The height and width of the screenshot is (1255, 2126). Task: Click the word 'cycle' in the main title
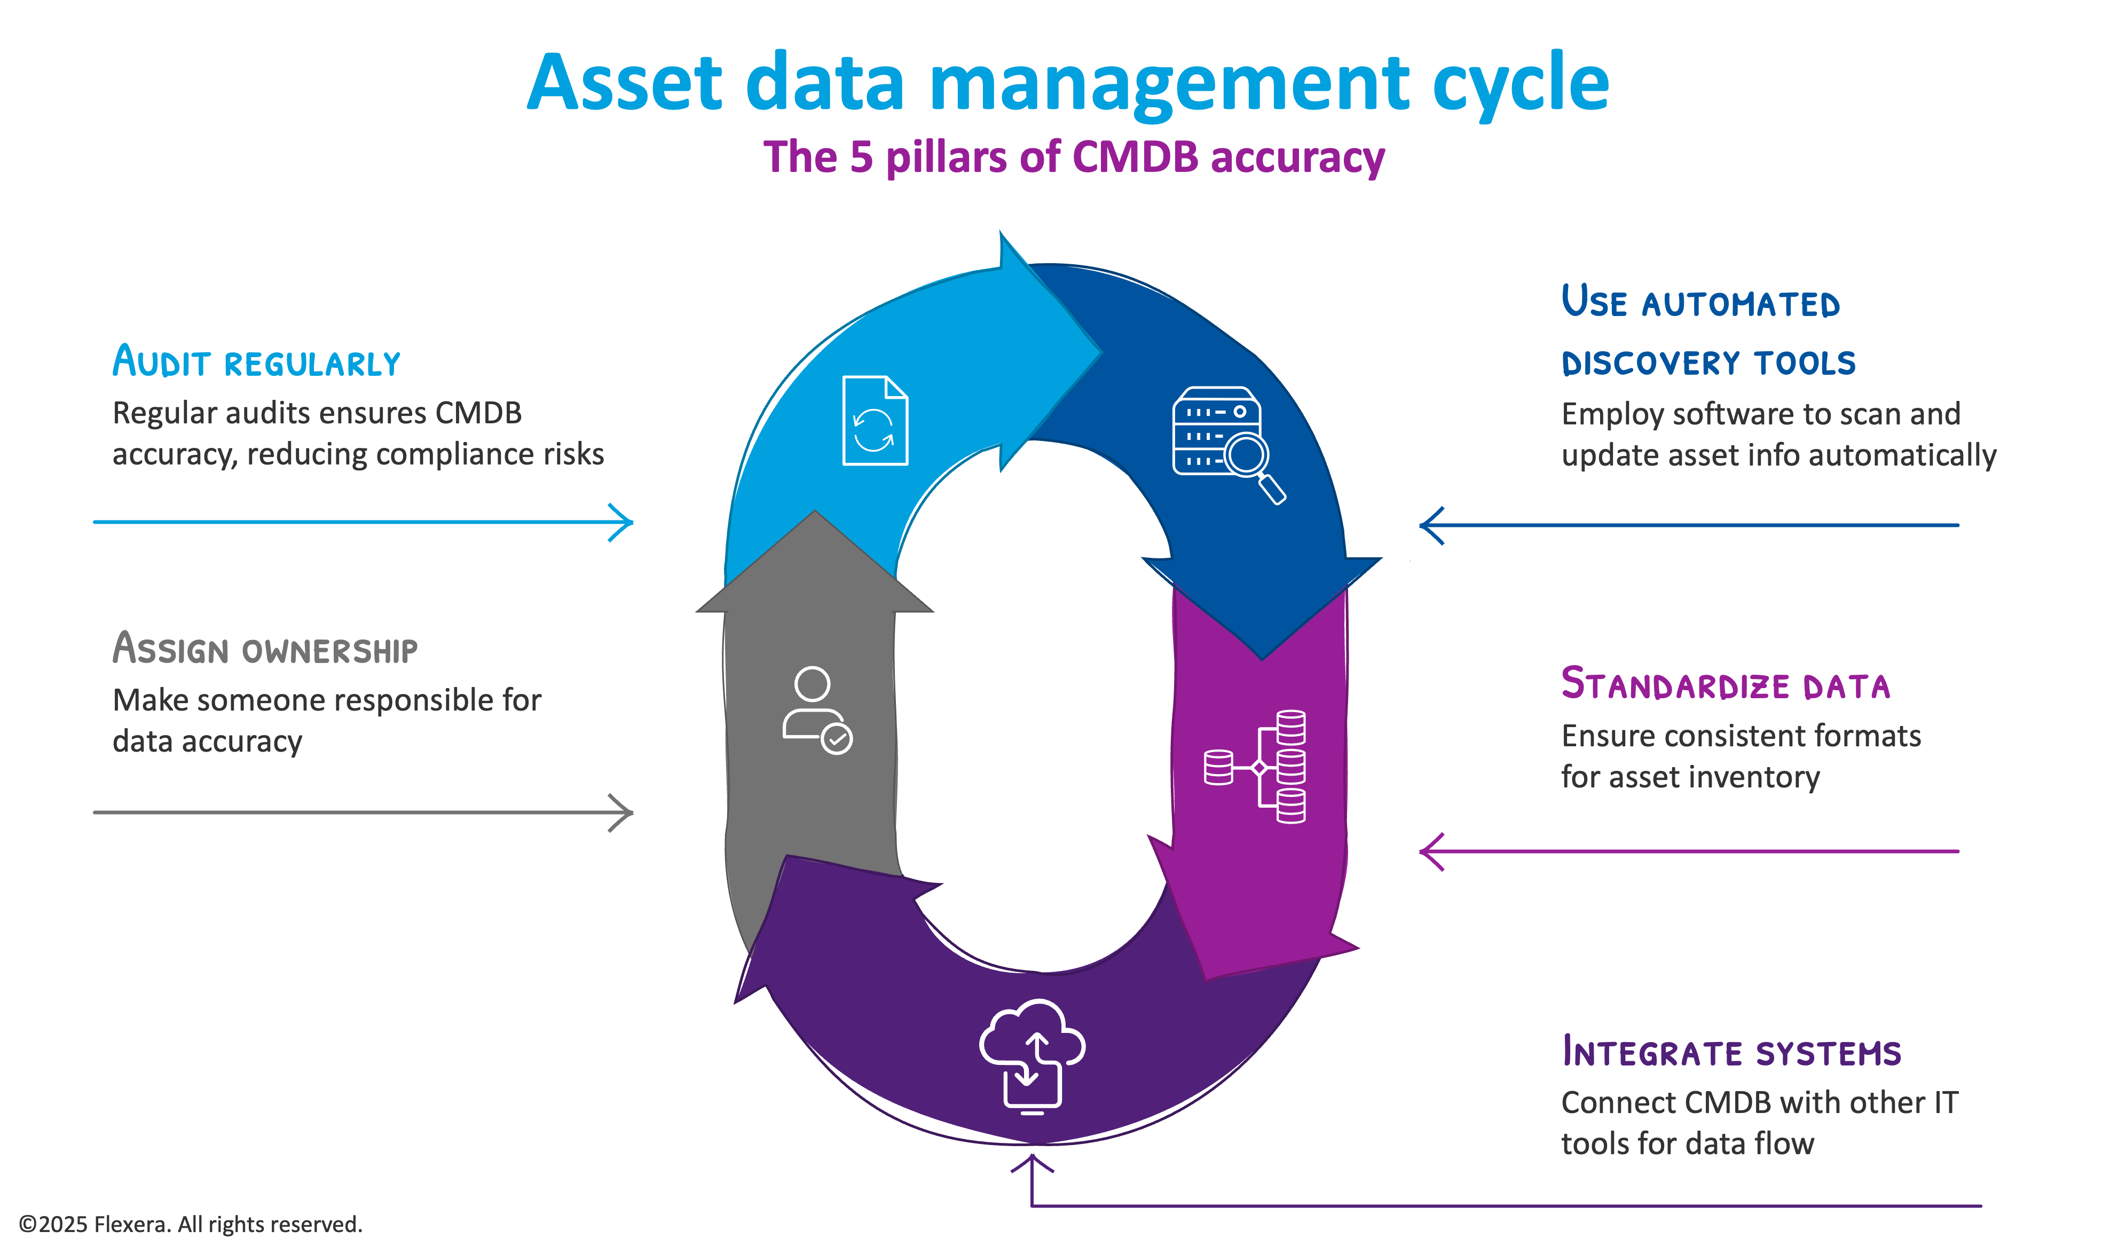click(1519, 84)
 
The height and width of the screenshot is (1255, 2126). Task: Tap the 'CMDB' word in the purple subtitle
click(1135, 157)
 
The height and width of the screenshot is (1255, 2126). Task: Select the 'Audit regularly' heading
click(256, 362)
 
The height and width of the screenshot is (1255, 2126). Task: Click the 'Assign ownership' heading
click(265, 650)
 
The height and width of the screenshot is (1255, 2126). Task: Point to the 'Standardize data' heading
click(1725, 684)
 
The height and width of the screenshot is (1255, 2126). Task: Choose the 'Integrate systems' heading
click(1731, 1052)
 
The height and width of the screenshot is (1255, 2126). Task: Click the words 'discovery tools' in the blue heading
click(1708, 363)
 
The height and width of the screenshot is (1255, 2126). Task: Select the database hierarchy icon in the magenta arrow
click(1256, 766)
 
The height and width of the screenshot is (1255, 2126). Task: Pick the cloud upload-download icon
click(1031, 1056)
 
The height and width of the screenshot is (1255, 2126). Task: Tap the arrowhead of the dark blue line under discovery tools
click(1429, 525)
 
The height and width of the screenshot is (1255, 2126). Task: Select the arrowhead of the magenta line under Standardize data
click(1429, 851)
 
